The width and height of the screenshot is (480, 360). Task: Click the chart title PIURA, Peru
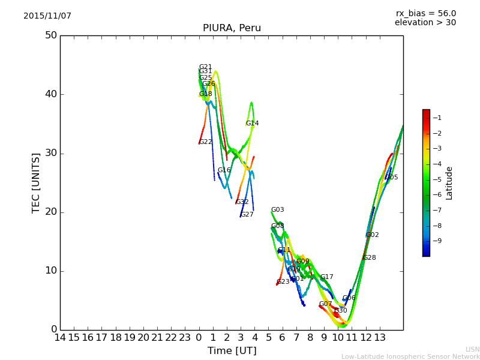coord(232,28)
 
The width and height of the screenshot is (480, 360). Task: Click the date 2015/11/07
coord(47,16)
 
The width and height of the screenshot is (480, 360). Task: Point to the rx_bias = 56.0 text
coord(425,14)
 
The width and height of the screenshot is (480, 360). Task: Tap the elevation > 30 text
coord(425,23)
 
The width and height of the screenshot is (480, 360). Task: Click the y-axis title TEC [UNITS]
coord(36,182)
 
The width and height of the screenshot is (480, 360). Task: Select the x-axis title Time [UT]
coord(232,351)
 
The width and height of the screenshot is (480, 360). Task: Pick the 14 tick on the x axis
coord(60,338)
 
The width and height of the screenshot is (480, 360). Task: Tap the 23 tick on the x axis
coord(185,338)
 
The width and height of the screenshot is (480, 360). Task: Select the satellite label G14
coord(252,124)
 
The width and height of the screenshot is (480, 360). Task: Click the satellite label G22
coord(205,142)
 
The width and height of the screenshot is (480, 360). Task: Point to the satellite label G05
coord(391,178)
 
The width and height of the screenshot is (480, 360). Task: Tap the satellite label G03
coord(277,210)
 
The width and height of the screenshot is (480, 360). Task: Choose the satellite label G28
coord(369,258)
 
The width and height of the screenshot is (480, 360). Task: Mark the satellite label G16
coord(224,170)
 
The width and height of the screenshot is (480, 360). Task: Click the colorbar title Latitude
coord(449,183)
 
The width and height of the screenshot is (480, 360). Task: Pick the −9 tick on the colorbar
coord(437,241)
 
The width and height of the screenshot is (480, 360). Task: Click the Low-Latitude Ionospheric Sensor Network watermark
coord(410,356)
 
